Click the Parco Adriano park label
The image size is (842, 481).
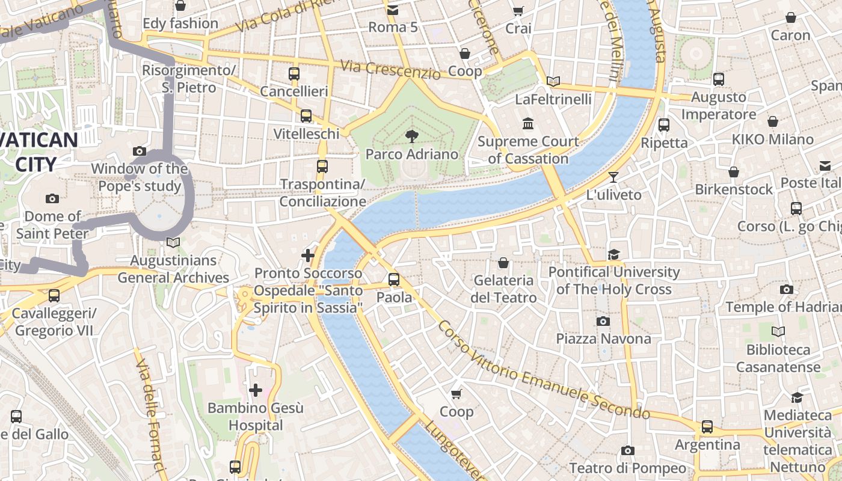tap(412, 155)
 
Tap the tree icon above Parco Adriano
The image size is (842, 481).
tap(412, 136)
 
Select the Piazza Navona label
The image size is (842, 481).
tap(603, 339)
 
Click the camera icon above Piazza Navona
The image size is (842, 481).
tap(603, 322)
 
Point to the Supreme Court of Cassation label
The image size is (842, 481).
tap(528, 150)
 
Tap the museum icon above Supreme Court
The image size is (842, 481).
tap(528, 124)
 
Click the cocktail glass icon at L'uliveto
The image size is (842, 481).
tap(613, 177)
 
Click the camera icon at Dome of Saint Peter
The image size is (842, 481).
tap(52, 199)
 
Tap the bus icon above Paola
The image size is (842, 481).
tap(394, 280)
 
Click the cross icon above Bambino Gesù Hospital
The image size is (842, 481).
tap(256, 390)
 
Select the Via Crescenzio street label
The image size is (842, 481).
tap(389, 69)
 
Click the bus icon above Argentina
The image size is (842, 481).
tap(707, 427)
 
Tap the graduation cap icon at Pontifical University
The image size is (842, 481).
tap(613, 255)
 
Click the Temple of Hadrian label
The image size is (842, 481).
tap(783, 307)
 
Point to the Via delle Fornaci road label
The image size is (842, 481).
tap(149, 415)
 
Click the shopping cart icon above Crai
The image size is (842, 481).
tap(518, 11)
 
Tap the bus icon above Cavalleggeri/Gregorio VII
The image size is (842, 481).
tap(54, 296)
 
